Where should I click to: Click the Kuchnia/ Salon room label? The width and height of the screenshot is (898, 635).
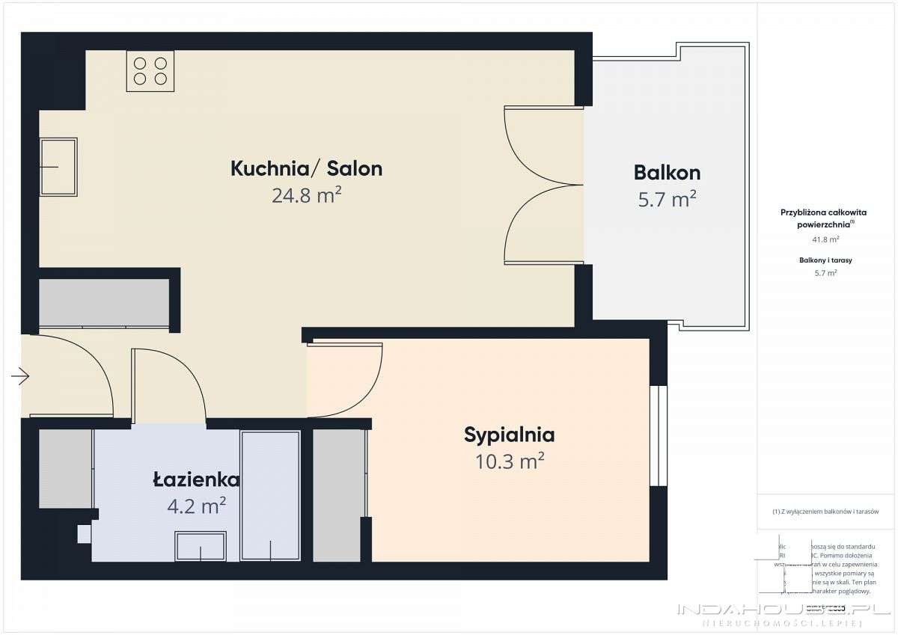pos(306,168)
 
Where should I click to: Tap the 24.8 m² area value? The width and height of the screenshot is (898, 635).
pos(307,196)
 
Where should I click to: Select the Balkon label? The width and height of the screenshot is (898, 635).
pos(667,173)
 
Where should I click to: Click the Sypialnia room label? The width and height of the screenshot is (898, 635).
pos(509,435)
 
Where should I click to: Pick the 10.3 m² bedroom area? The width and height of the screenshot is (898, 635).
pos(509,461)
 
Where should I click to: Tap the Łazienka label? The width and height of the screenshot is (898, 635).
pos(196,480)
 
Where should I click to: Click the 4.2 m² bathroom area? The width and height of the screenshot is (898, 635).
pos(197,506)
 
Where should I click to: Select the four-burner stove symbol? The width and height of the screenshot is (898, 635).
pos(150,71)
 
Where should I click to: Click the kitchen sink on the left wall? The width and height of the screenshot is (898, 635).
pos(58,167)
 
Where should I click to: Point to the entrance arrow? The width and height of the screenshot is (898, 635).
pos(20,376)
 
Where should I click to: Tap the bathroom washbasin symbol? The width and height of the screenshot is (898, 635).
pos(201,546)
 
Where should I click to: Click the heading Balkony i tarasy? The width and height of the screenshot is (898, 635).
pos(825,260)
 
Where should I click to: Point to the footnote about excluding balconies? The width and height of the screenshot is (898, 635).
pos(825,512)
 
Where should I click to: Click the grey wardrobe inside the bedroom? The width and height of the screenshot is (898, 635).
pos(338,495)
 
